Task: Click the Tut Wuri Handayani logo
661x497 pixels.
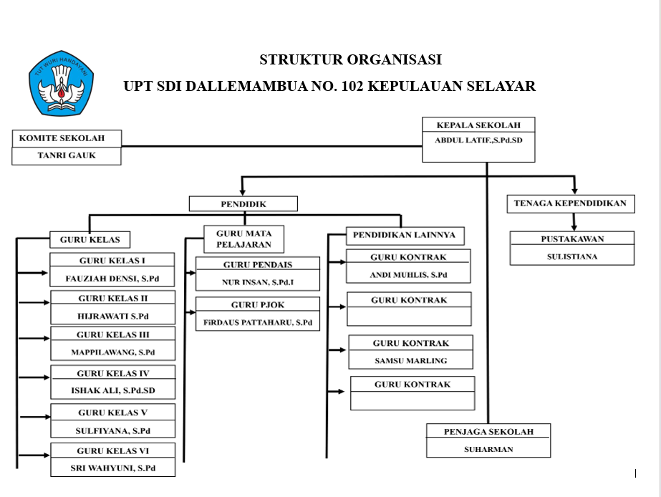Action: tap(62, 83)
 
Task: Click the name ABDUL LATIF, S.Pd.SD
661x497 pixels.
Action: tap(478, 140)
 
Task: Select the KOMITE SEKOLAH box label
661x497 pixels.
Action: tap(62, 137)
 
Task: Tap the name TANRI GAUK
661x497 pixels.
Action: tap(67, 155)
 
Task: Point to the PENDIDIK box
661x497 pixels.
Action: tap(243, 204)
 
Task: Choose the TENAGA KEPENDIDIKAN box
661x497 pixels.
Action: tap(570, 204)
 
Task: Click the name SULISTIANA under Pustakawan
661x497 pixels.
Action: tap(571, 256)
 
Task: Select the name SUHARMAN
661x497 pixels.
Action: tap(488, 450)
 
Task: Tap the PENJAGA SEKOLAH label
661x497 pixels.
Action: tap(489, 432)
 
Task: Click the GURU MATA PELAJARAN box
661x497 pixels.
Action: tap(243, 239)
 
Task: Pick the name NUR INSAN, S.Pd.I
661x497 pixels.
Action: tap(258, 282)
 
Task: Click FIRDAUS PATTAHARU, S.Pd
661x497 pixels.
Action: tap(258, 323)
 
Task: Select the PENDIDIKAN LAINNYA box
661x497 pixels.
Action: tap(405, 235)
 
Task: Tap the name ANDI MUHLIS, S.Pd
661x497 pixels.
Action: tap(408, 275)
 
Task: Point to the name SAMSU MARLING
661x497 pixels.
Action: tap(410, 360)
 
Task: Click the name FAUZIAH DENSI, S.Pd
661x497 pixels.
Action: tap(112, 279)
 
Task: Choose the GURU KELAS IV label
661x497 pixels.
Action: tap(113, 373)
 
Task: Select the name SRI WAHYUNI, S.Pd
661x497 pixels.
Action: tap(113, 468)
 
